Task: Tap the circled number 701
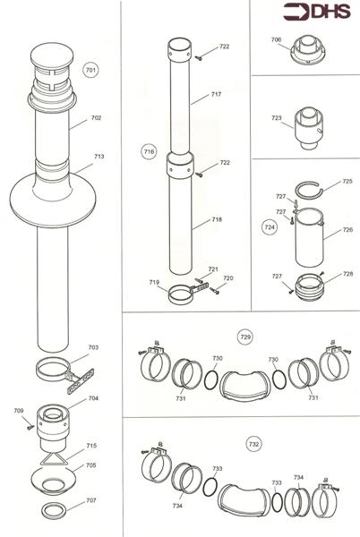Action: tap(90, 69)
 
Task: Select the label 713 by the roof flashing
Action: tap(99, 157)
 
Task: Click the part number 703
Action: tap(94, 347)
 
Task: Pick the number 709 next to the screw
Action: tap(19, 412)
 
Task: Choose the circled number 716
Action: tap(149, 153)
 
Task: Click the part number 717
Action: tap(216, 94)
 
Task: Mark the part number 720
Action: tap(228, 279)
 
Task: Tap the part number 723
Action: tap(276, 117)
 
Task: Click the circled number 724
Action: tap(269, 228)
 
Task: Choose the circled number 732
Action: tap(254, 442)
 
